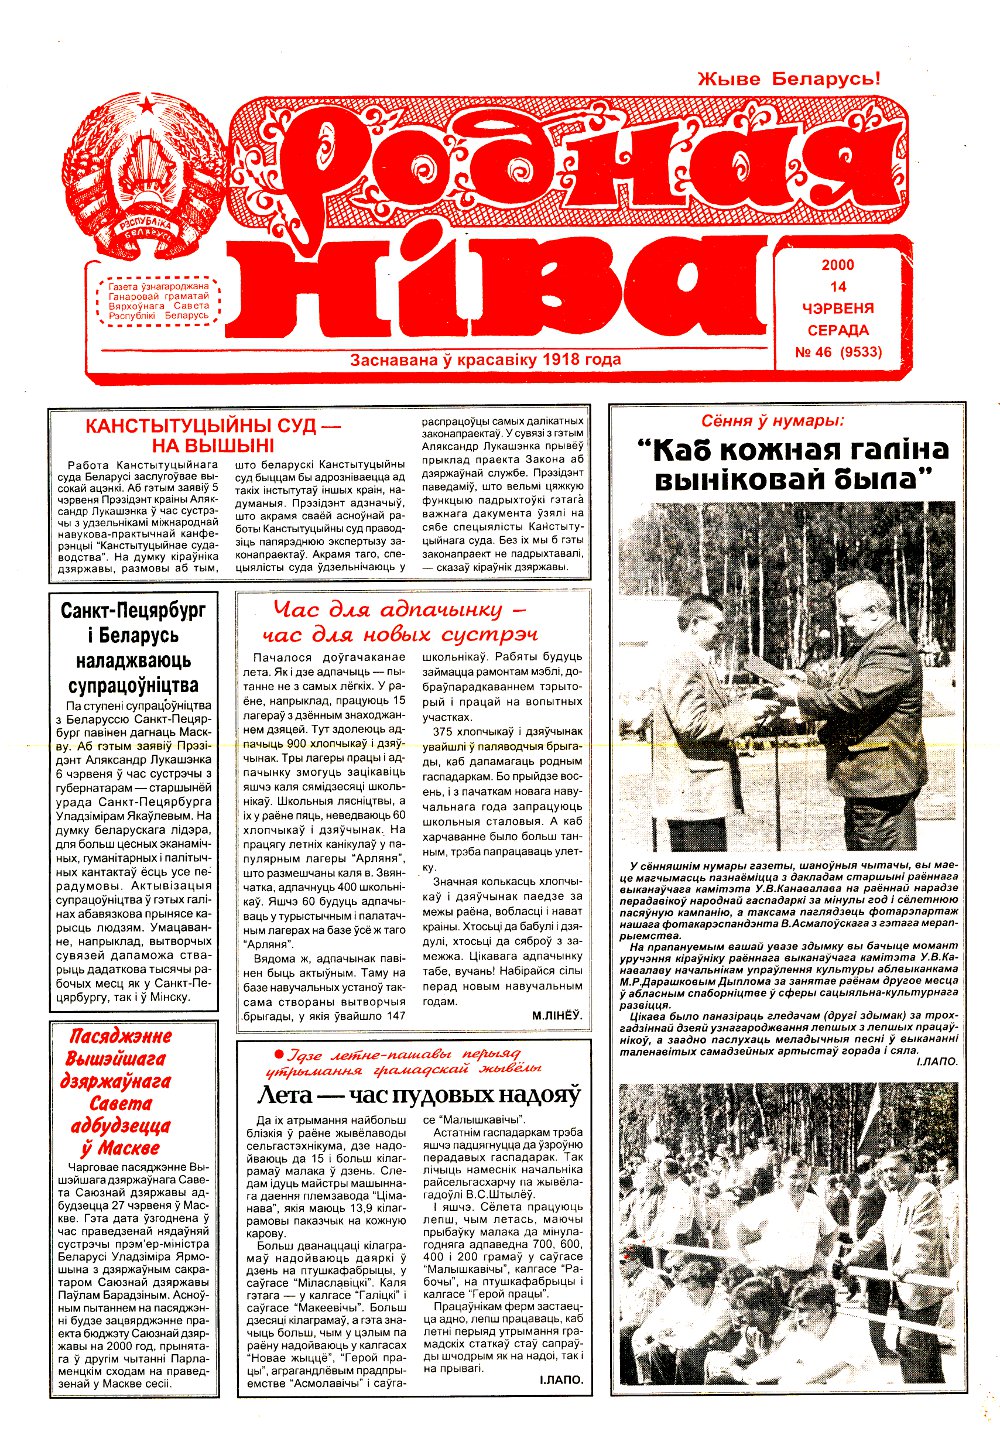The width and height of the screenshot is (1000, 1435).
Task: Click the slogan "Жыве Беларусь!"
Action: click(788, 79)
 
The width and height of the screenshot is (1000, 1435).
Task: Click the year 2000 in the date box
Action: click(838, 266)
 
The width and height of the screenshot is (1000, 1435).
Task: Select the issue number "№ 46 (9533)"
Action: click(838, 351)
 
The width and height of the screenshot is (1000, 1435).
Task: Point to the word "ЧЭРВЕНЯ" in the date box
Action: click(838, 308)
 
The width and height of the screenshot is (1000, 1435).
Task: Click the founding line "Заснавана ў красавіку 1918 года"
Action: click(485, 359)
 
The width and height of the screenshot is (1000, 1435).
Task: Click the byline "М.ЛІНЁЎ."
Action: click(557, 1015)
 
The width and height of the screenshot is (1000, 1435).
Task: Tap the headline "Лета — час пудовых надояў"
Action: click(418, 1094)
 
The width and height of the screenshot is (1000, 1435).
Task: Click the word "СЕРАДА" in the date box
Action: click(838, 329)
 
